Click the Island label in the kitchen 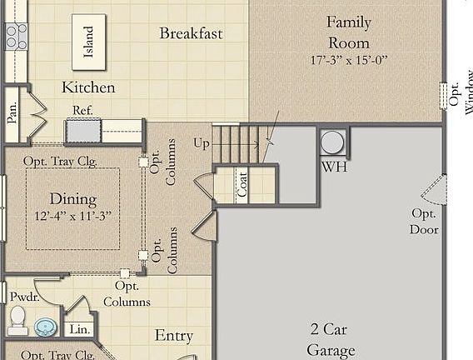point(88,42)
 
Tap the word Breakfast point(191,33)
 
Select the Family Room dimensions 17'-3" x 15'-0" point(348,60)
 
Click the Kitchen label point(88,87)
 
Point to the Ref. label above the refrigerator point(82,110)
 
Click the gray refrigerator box point(83,131)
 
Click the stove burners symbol point(16,36)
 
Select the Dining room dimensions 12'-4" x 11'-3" point(72,216)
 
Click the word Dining point(73,199)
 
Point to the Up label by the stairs point(202,143)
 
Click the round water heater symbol point(332,142)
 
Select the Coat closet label point(242,187)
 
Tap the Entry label point(174,336)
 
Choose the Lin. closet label point(78,329)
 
